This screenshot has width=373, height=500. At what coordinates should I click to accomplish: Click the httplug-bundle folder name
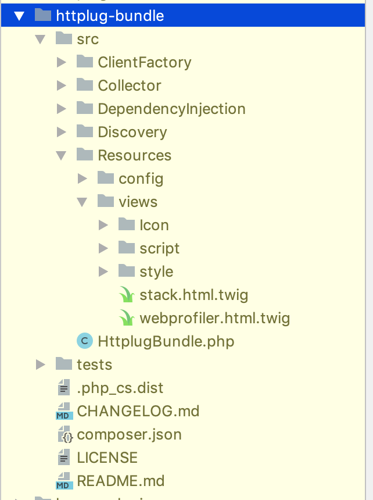coord(110,16)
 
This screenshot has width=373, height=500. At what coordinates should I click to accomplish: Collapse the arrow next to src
coord(40,40)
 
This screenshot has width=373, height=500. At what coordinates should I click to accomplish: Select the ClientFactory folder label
coord(144,62)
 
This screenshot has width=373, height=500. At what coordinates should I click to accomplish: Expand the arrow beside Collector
coord(61,85)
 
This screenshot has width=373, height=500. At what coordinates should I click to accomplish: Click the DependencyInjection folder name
coord(171,109)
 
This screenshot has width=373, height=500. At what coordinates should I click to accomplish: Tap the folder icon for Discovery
coord(85,131)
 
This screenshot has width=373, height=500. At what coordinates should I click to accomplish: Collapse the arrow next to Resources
coord(61,155)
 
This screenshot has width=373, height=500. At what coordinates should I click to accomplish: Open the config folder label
coord(141,178)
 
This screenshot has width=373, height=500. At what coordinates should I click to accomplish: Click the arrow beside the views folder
coord(82,202)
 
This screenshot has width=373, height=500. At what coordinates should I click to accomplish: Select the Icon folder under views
coord(154,225)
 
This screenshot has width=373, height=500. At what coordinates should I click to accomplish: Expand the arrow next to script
coord(103,248)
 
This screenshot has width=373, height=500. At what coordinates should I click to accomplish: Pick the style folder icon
coord(127,271)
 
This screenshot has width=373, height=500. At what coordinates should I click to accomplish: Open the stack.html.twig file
coord(193,295)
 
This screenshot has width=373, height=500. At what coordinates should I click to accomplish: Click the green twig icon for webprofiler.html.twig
coord(127,318)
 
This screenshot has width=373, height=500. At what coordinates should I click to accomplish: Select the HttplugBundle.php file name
coord(166,341)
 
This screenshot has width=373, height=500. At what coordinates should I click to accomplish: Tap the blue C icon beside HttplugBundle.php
coord(85,341)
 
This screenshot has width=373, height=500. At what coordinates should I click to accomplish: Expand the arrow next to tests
coord(40,365)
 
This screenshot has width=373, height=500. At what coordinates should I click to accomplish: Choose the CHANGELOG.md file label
coord(138,411)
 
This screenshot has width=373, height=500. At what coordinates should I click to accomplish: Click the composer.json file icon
coord(64,434)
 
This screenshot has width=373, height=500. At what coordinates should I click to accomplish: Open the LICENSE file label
coord(107,458)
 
